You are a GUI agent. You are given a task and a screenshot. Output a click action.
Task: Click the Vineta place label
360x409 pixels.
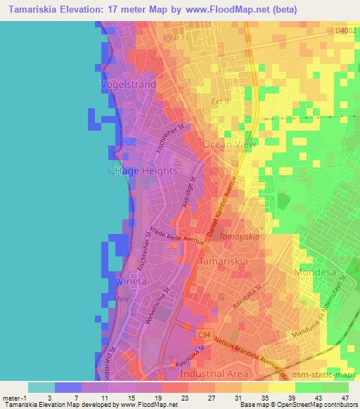point(131,281)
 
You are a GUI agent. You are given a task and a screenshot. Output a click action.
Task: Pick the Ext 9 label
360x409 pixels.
point(221,102)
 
